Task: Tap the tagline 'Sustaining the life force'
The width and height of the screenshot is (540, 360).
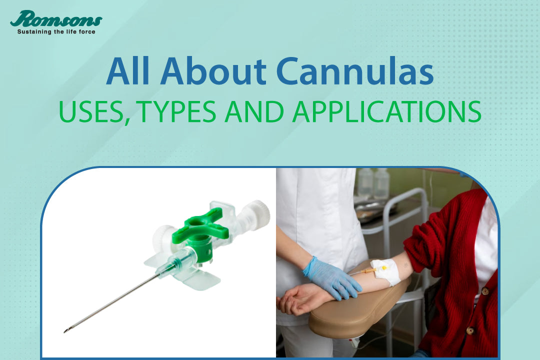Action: (56, 32)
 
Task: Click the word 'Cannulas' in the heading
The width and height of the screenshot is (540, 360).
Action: (354, 72)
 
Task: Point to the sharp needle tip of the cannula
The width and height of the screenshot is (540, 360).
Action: (66, 330)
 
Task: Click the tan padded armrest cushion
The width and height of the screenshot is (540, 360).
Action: (350, 315)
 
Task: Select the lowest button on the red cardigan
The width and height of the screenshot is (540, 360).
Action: (469, 330)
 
